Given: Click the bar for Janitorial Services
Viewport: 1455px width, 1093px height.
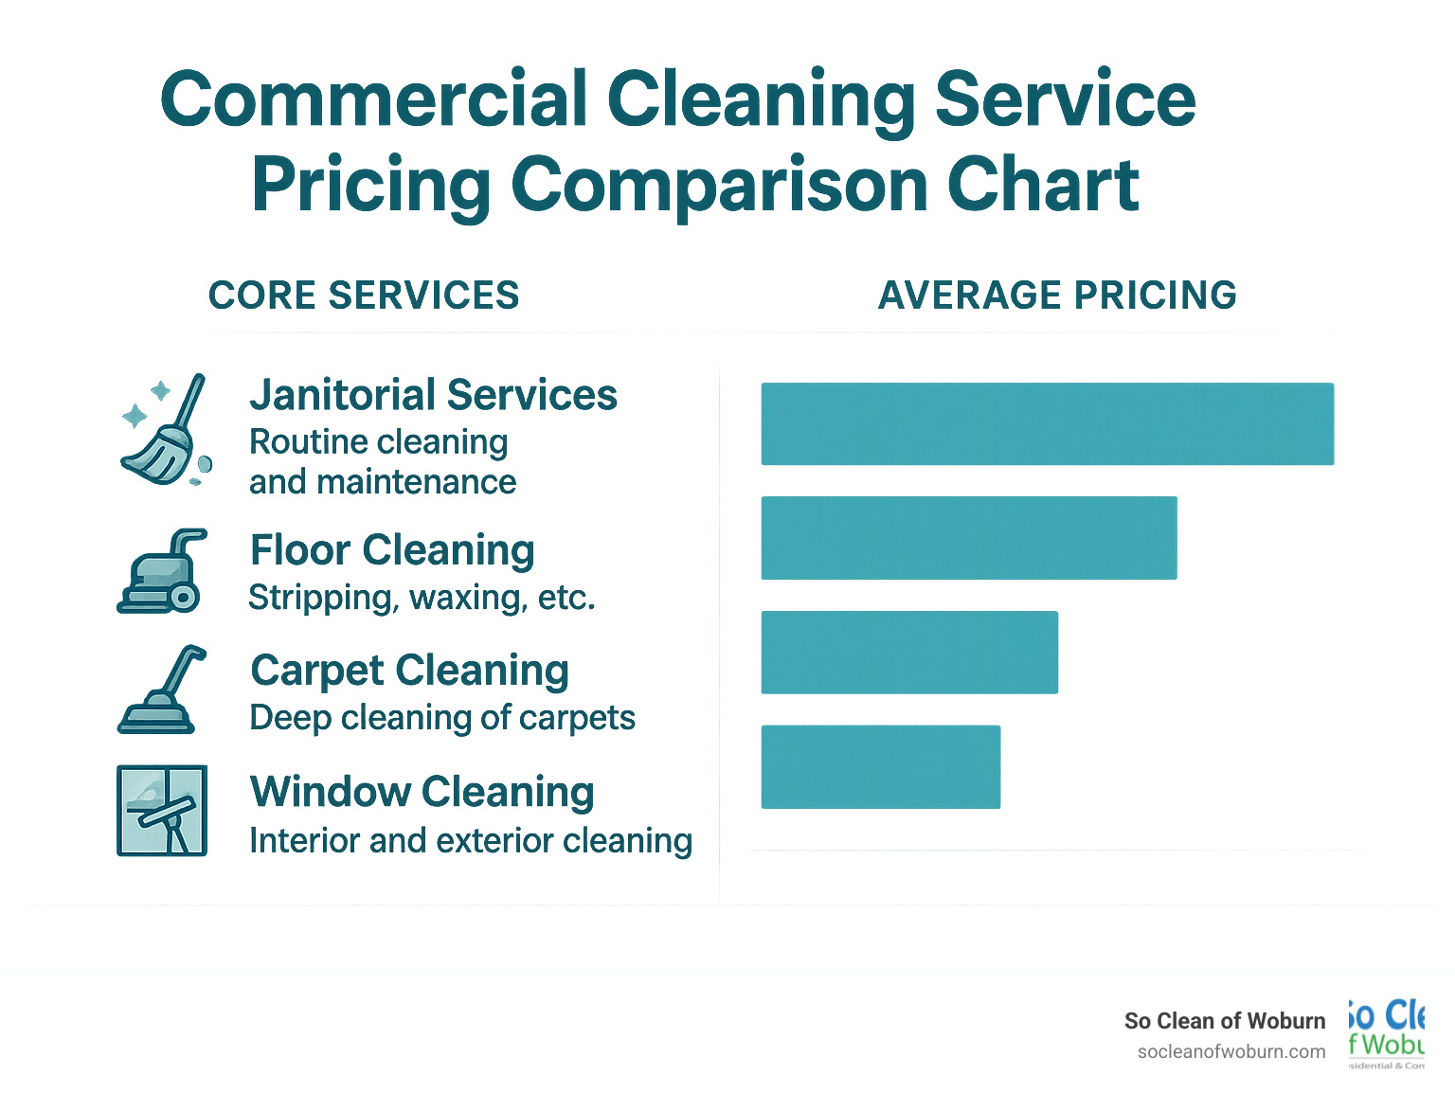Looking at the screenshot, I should click(1047, 423).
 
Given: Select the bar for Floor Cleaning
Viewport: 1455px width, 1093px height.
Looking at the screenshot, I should click(968, 537).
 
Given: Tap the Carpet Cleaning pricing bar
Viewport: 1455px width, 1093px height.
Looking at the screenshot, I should click(909, 653).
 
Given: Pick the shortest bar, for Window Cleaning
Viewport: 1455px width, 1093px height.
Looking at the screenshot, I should click(880, 766).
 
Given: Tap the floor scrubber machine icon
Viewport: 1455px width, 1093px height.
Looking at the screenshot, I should click(162, 571).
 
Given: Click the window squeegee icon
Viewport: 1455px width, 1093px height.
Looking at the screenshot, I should click(162, 811).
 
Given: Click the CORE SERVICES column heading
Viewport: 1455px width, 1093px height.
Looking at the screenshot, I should click(364, 296).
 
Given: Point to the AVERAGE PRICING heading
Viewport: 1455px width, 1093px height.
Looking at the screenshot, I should click(1057, 296).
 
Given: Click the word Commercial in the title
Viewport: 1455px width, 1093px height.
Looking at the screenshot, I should click(374, 99).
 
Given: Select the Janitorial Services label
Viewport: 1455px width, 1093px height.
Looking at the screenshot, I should click(433, 395).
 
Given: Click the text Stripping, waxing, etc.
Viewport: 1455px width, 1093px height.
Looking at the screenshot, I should click(422, 598).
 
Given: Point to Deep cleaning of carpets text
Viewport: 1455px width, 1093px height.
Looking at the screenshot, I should click(441, 718).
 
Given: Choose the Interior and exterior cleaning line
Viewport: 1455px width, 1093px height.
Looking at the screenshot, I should click(470, 840).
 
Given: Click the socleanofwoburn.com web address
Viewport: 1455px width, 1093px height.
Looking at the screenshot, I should click(1230, 1051).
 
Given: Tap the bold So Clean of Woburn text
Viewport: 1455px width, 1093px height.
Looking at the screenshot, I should click(1224, 1021).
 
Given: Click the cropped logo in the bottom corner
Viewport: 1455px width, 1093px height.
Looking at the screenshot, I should click(1386, 1033).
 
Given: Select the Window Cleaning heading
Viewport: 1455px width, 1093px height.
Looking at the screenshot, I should click(422, 792).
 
